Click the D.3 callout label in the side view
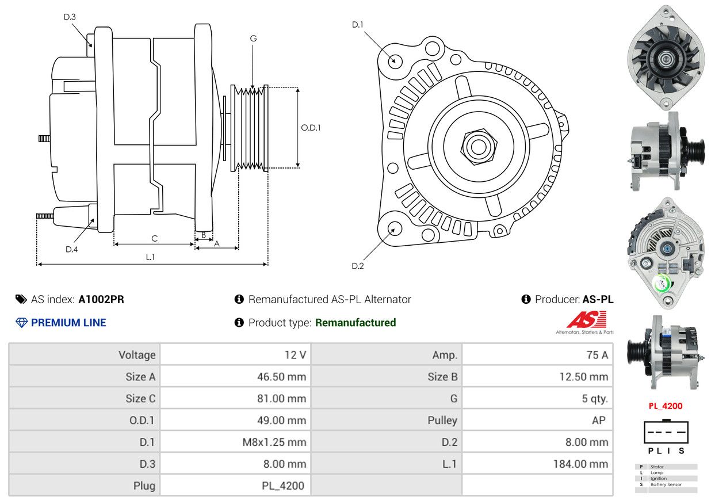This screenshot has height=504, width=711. [x=70, y=17]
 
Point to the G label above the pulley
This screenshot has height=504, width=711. [x=253, y=39]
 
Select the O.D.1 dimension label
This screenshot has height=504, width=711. [x=311, y=128]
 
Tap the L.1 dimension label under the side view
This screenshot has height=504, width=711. [x=150, y=257]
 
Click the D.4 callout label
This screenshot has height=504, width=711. [x=71, y=249]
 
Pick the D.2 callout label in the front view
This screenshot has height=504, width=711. [x=358, y=266]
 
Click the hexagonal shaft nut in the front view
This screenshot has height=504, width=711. [x=479, y=147]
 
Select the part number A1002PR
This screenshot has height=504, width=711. [x=101, y=299]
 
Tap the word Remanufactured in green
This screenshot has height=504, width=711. [x=355, y=322]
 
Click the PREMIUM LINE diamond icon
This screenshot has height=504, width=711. [x=22, y=322]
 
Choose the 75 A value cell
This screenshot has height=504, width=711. [x=537, y=354]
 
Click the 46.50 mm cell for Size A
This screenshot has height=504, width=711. [x=235, y=376]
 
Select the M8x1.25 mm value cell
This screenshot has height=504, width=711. [x=235, y=442]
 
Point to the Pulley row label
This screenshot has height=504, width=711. [x=442, y=420]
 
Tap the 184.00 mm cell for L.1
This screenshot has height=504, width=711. [x=537, y=464]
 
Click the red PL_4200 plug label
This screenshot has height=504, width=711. [x=666, y=406]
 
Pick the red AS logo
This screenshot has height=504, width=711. [x=586, y=319]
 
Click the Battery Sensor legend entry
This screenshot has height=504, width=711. [x=666, y=484]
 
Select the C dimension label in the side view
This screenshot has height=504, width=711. [x=154, y=238]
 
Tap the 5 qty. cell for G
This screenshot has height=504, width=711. [x=537, y=398]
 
